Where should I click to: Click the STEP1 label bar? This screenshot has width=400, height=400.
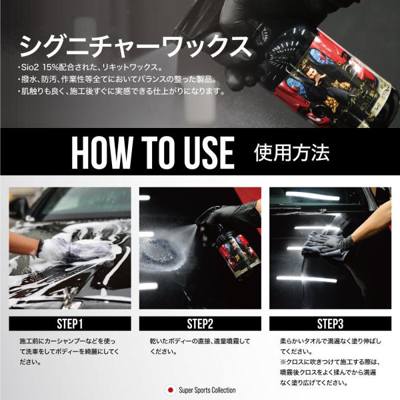click(x=70, y=323)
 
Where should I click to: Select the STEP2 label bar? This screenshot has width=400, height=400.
click(x=200, y=323)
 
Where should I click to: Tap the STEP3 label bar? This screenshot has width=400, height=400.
click(x=330, y=323)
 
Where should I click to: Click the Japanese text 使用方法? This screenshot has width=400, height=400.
click(x=291, y=153)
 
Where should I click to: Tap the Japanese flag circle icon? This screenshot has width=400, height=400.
click(x=171, y=390)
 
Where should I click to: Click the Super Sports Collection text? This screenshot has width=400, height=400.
click(x=207, y=390)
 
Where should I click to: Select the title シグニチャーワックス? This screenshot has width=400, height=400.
click(x=136, y=47)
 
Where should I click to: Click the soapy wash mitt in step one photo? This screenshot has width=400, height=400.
click(x=77, y=247)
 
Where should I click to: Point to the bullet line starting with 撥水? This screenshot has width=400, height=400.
click(x=117, y=79)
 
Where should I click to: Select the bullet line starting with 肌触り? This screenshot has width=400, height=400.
click(x=121, y=91)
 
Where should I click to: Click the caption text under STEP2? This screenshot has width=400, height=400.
click(x=200, y=346)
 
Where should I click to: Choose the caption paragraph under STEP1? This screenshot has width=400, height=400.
click(x=69, y=351)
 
